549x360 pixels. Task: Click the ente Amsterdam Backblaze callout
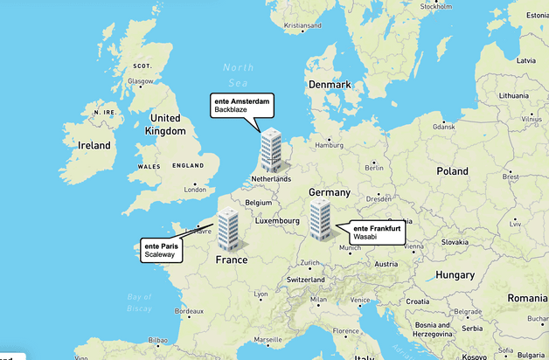(242, 107)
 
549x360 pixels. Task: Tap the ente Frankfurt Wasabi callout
(379, 232)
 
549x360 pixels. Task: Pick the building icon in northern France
(228, 228)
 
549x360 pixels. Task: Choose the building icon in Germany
(320, 218)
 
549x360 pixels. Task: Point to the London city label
(195, 189)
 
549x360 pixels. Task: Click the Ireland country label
(94, 145)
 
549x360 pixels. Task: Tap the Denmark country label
(330, 85)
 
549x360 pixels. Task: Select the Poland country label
(453, 171)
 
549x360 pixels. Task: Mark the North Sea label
(238, 74)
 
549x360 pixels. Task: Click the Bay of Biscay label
(139, 301)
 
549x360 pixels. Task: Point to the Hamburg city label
(330, 145)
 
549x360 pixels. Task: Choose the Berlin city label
(375, 168)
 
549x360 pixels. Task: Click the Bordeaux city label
(189, 311)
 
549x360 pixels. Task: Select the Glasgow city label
(141, 81)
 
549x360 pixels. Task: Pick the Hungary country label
(455, 274)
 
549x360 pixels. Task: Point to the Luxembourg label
(278, 221)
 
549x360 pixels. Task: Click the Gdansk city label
(443, 126)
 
